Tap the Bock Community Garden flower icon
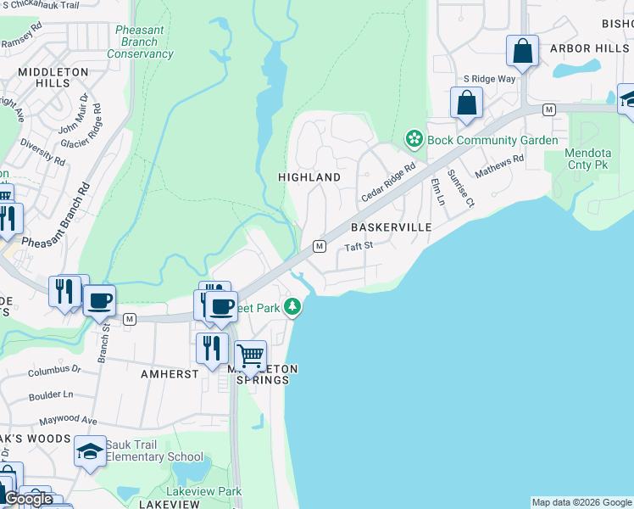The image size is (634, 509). [414, 138]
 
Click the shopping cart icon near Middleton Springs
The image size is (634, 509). [251, 355]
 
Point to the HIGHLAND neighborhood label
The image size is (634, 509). [309, 177]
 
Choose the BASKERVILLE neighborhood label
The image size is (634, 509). [391, 228]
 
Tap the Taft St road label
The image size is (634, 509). [359, 247]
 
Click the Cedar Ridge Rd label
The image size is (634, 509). [388, 182]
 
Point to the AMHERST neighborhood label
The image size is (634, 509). [170, 373]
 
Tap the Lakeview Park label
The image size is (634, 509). [204, 491]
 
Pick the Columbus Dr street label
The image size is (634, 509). [53, 371]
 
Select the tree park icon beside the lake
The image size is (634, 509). [292, 306]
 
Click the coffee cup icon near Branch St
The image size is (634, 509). [100, 299]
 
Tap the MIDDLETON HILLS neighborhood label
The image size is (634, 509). [53, 78]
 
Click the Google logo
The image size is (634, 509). [29, 499]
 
